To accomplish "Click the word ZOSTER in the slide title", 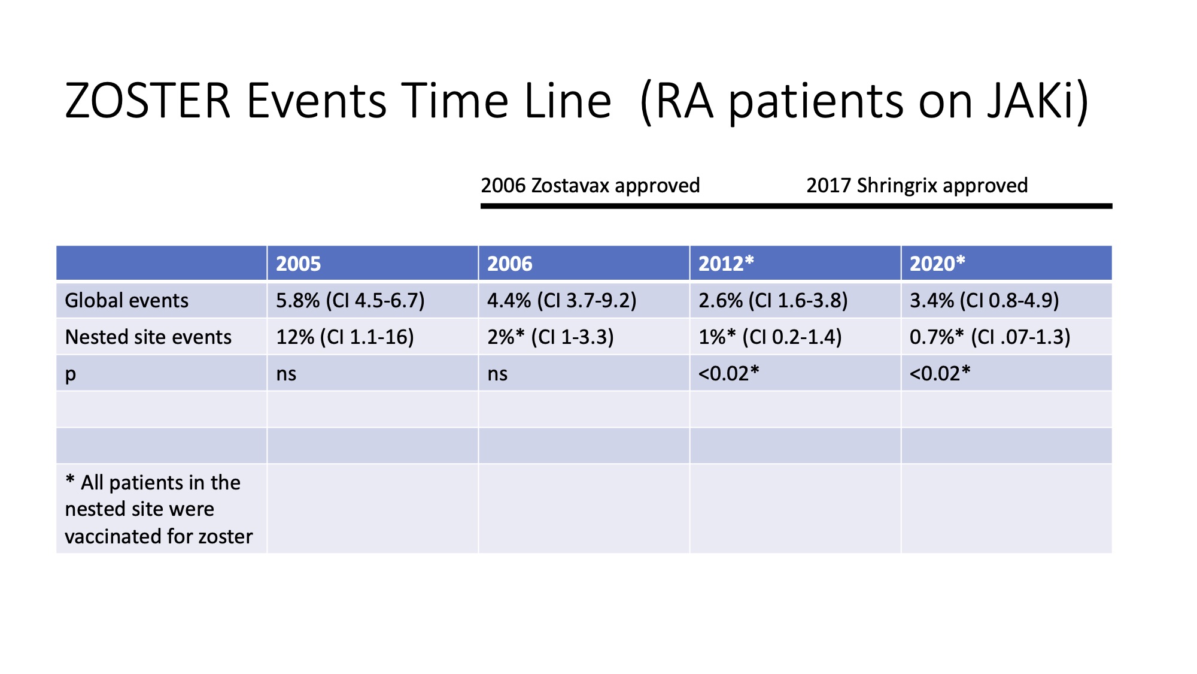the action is coord(148,101).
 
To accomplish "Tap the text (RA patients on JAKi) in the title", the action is coord(865,102).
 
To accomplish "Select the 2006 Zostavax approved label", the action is coord(590,186).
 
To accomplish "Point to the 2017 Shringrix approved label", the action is coord(917,186).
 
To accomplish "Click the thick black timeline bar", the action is coord(796,206).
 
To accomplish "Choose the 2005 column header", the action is coord(298,264).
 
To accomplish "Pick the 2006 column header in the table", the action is coord(509,264).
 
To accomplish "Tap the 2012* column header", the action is coord(726,264).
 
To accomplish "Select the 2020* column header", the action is coord(937,264).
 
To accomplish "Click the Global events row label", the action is coord(127,300).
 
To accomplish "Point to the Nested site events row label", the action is coord(148,337).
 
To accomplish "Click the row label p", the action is coord(71,374).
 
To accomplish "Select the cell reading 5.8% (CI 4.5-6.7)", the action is coord(350,300).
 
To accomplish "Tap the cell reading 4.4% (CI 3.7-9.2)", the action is coord(561,300).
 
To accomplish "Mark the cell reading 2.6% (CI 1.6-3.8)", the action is coord(773,300).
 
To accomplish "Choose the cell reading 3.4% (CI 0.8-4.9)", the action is coord(984,300).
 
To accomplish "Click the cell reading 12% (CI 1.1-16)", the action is coord(345,337).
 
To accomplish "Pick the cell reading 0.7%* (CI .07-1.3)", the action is coord(990,337).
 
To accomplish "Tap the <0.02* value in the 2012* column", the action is coord(728,373).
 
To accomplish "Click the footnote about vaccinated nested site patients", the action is coord(159,509).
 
